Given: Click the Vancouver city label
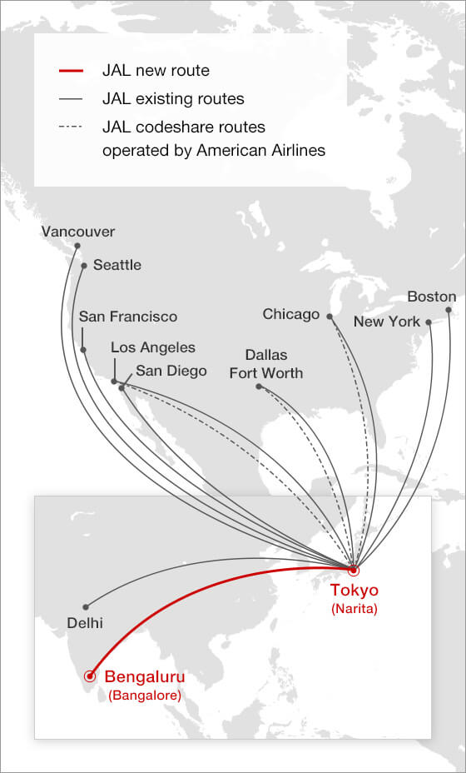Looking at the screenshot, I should point(78,232).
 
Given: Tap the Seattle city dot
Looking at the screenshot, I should point(84,266).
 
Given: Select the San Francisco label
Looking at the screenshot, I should point(128,317).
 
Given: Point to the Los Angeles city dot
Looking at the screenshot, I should point(114,382).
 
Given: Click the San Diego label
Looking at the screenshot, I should point(171,371).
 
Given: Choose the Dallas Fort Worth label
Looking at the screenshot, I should point(266,364).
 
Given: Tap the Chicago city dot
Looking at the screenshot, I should point(330,317).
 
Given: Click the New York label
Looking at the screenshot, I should point(387,322).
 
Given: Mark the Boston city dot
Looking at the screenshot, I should point(449,310).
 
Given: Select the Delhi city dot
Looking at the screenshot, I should point(85,606).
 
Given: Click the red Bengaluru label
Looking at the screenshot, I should point(144,676).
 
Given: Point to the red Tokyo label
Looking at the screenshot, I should point(354,591).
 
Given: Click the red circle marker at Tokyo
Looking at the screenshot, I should point(353,571).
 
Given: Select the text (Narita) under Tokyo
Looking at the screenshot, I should point(354,609).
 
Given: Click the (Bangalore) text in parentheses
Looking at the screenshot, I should point(144,694).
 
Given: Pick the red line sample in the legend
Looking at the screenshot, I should point(72,72).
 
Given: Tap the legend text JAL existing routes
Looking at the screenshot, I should point(173,99).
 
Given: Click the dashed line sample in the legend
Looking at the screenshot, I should point(72,127).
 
